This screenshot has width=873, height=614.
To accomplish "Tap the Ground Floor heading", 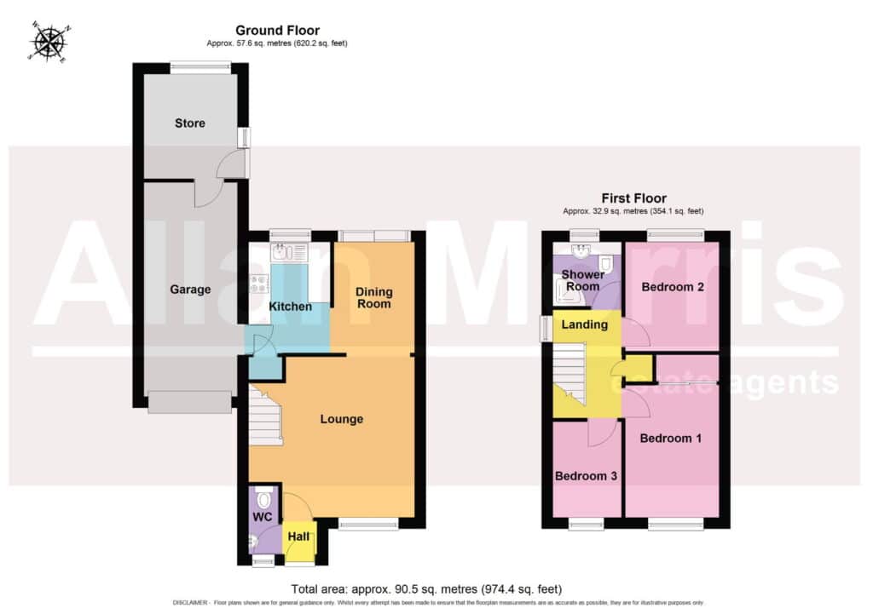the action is [277, 31].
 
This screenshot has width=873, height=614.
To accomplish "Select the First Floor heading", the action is [633, 198].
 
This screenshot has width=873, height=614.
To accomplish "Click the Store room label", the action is [190, 123].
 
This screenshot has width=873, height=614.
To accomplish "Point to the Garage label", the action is [190, 290].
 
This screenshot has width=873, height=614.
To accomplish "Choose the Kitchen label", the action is [290, 307].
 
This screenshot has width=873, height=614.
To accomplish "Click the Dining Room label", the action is [374, 297].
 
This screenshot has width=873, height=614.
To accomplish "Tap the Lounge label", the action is [341, 419].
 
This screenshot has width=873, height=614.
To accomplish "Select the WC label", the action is [263, 517].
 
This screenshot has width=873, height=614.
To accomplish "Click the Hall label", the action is [298, 537].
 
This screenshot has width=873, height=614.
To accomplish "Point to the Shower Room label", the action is [583, 280].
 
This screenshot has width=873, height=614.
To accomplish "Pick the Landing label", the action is [584, 324].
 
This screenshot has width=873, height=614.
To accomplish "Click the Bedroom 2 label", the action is [673, 287].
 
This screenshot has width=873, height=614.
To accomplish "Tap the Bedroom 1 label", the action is [670, 439].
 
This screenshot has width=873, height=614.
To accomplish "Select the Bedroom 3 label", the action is [586, 476].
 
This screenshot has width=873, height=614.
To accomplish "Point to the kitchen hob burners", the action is [259, 284].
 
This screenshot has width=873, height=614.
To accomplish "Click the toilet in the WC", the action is [263, 499].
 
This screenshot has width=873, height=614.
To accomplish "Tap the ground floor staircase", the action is [266, 416].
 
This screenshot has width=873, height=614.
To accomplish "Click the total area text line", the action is [426, 589].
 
